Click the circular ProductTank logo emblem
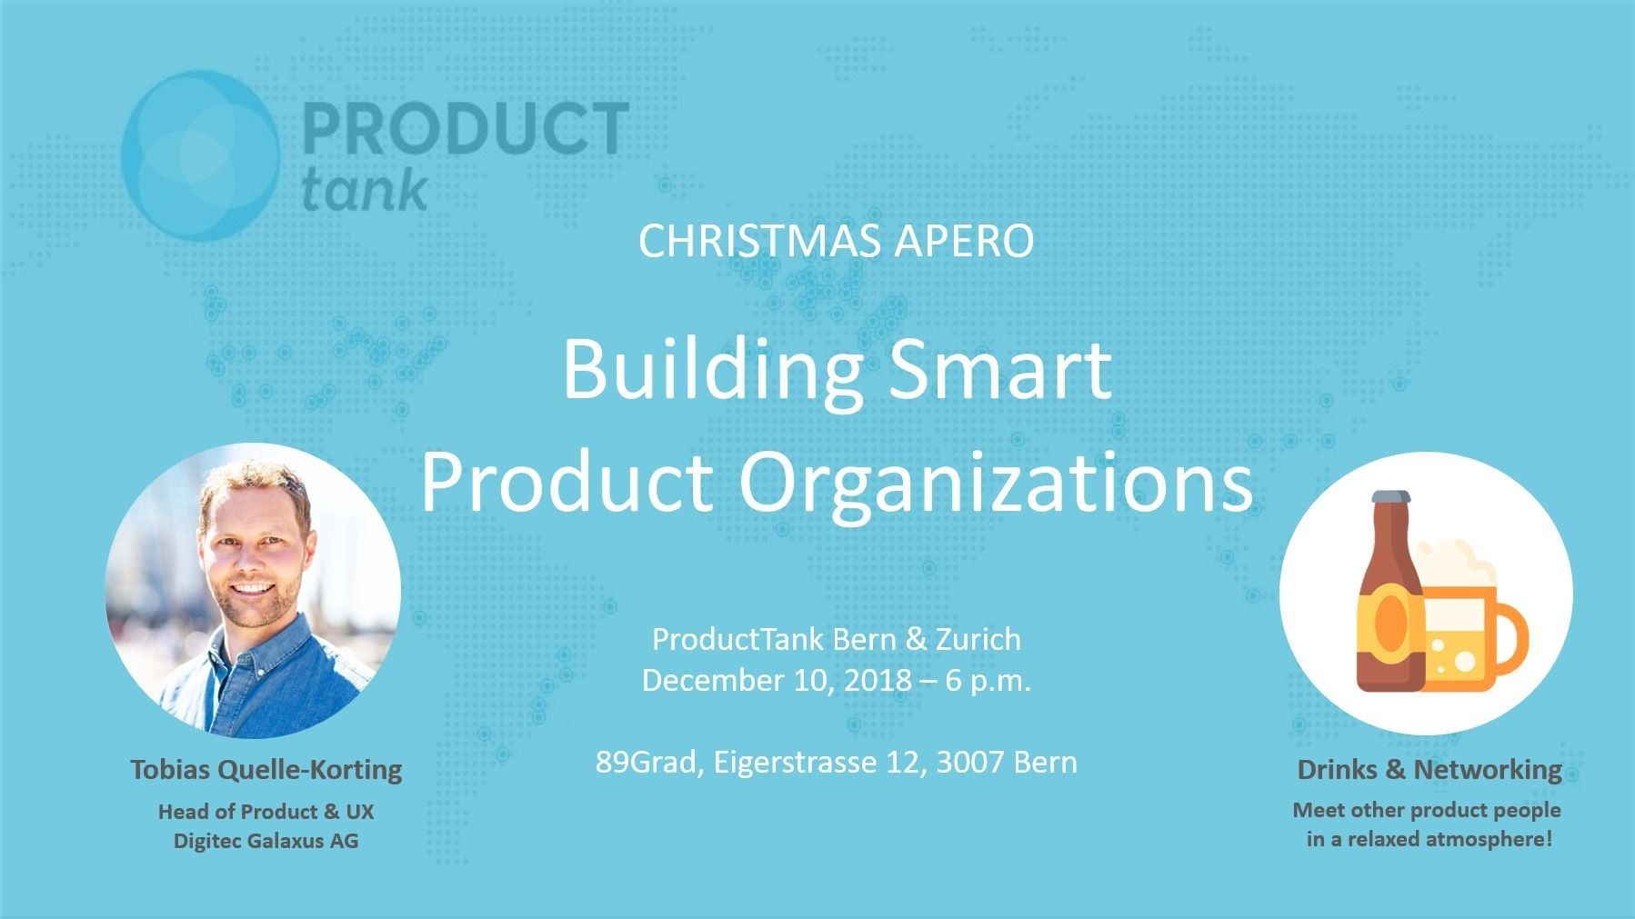click(200, 155)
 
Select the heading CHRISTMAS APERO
click(836, 242)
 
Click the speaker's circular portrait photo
click(253, 591)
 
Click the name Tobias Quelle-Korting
click(266, 771)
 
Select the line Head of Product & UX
click(266, 812)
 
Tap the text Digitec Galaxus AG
click(266, 841)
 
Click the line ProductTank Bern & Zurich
click(837, 640)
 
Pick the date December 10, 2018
click(777, 682)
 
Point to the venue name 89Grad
click(649, 762)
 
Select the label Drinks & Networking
click(1429, 771)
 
